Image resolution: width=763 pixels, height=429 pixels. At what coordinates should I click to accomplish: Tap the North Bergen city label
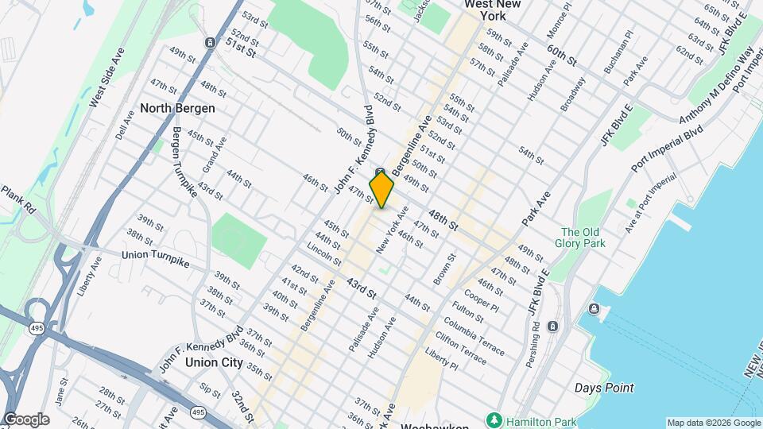[x=177, y=107]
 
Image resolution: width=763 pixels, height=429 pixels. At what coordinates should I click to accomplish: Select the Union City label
[x=213, y=362]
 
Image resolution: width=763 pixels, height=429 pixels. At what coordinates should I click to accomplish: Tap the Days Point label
[x=604, y=388]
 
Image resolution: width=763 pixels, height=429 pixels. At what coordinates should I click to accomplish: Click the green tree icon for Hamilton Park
[x=494, y=419]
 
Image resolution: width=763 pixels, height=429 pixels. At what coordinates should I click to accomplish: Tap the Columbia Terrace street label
[x=474, y=335]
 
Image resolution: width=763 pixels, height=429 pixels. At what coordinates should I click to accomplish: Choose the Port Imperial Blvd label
[x=669, y=148]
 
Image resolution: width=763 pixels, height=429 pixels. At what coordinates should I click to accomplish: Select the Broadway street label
[x=572, y=94]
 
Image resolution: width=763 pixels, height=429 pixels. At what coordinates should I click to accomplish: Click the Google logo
[x=26, y=419]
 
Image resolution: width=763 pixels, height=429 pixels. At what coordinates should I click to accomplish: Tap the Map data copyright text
[x=714, y=423]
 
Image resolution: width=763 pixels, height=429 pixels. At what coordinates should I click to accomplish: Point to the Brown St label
[x=446, y=269]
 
